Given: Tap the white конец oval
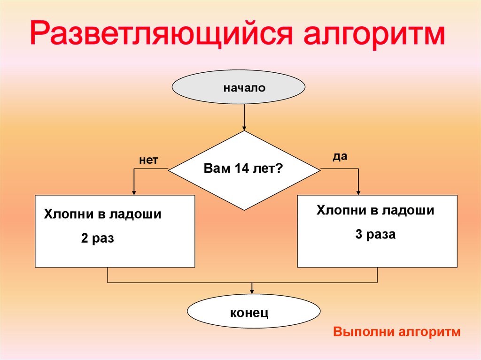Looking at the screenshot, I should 254,312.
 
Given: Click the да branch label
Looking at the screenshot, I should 340,157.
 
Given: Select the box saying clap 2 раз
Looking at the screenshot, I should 115,231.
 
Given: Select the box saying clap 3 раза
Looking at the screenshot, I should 377,231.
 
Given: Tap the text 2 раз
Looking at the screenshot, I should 98,238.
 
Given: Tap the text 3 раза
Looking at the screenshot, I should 375,234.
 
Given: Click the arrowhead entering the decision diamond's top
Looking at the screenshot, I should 244,128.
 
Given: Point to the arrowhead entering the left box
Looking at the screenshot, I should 134,192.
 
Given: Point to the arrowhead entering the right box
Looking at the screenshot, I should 358,192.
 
